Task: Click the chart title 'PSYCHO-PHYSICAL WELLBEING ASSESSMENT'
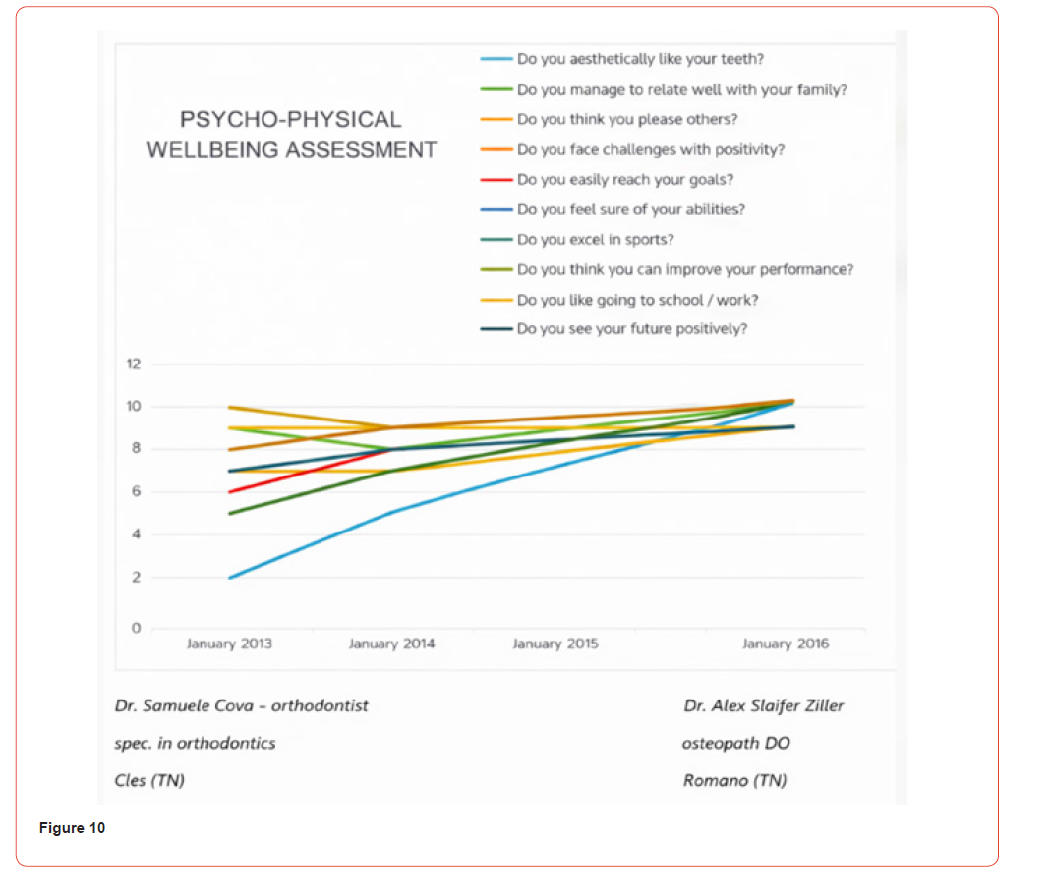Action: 291,135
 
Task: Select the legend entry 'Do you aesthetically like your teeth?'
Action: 640,59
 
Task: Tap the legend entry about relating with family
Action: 681,89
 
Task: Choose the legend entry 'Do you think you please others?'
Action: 626,119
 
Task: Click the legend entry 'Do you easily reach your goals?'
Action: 624,180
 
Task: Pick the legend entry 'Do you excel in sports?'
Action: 595,239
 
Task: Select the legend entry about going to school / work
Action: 637,300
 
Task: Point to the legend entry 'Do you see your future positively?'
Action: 631,329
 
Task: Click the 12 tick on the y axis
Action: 134,364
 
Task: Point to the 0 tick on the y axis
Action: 136,628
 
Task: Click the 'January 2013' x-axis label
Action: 229,644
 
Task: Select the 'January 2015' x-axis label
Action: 555,644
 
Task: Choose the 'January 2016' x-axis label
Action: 785,644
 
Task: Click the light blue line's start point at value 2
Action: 229,578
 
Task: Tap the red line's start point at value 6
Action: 229,492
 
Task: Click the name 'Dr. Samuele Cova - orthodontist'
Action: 242,705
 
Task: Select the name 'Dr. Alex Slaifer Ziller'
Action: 763,705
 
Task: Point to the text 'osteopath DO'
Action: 735,743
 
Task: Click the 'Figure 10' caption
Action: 72,828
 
